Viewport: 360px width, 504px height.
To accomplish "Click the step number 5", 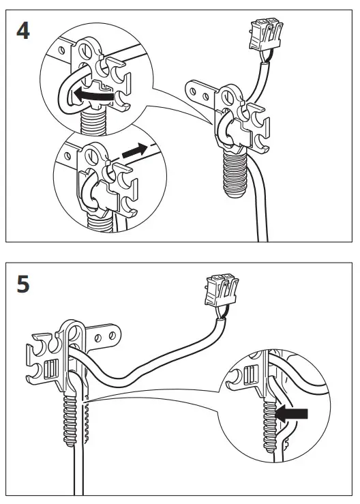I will pos(22,284).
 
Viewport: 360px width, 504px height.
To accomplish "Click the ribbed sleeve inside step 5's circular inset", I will pos(267,423).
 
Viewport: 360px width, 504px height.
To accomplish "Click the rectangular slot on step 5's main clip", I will pos(49,370).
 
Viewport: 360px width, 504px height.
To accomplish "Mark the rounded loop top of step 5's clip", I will pos(73,326).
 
